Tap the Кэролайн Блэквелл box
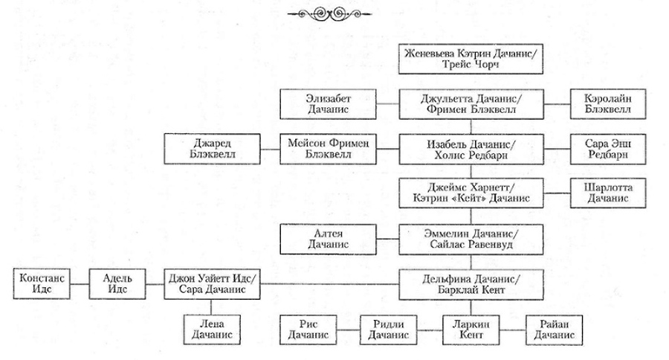coord(600,102)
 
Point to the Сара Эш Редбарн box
coord(600,146)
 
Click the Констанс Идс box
coord(42,283)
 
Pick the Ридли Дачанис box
coord(389,328)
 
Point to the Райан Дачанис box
coord(555,328)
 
